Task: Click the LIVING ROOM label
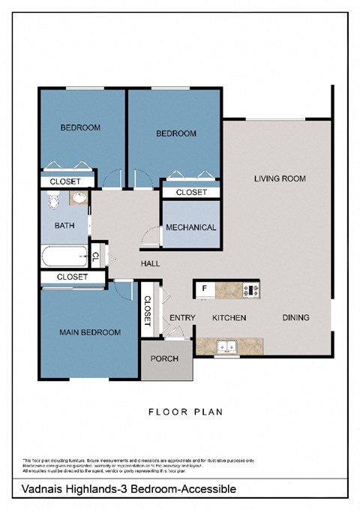(280, 178)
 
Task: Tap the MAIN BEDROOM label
(90, 332)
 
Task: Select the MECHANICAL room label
(190, 227)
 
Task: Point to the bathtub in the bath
(64, 256)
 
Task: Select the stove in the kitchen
(251, 289)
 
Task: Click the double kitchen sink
(226, 346)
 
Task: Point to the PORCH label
(165, 358)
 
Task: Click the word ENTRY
(182, 318)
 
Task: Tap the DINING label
(295, 318)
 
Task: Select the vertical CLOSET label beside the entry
(147, 310)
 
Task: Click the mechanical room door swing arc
(150, 234)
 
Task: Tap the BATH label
(64, 225)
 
